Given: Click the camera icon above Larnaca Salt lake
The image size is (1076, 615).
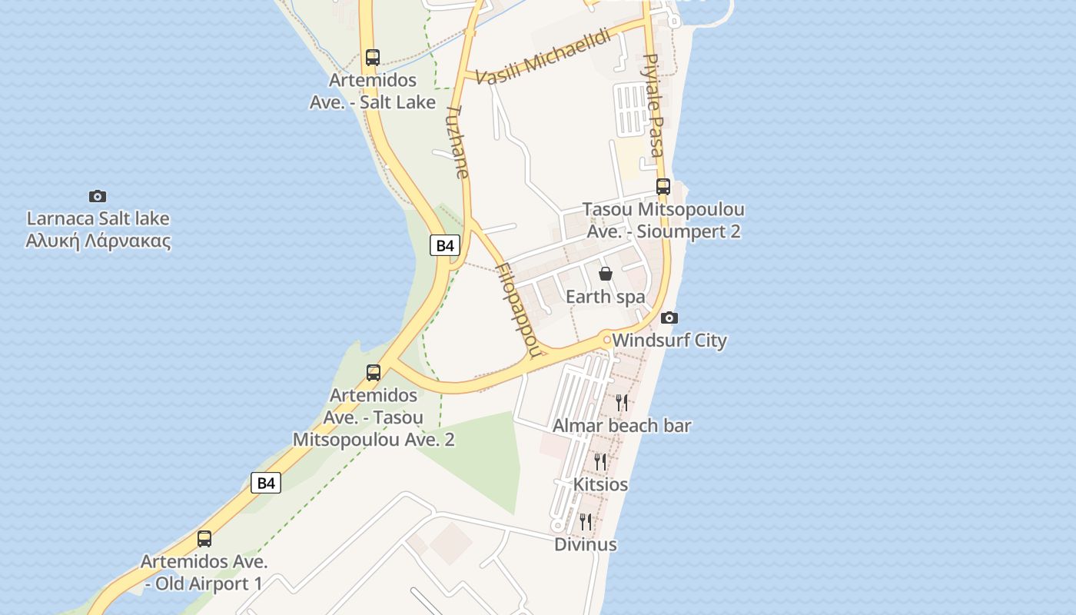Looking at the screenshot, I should pyautogui.click(x=98, y=196).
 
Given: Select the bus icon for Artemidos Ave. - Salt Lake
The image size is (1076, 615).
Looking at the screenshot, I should pyautogui.click(x=373, y=57).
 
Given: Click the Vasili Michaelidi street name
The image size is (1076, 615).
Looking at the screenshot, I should pyautogui.click(x=543, y=58).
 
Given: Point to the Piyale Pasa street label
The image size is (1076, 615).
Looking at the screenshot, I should pyautogui.click(x=652, y=105).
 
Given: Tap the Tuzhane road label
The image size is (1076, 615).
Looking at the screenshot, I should pyautogui.click(x=457, y=142).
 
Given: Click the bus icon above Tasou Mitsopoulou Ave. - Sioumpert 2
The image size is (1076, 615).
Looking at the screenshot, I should pyautogui.click(x=663, y=186).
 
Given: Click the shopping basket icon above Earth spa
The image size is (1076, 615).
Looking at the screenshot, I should pyautogui.click(x=606, y=274).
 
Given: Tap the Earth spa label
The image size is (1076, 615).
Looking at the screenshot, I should pyautogui.click(x=605, y=297).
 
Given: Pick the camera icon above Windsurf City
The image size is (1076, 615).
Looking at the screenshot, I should pyautogui.click(x=669, y=317).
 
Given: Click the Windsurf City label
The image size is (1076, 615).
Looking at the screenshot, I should pyautogui.click(x=669, y=340).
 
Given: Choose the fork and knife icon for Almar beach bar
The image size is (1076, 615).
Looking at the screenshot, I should pyautogui.click(x=622, y=402).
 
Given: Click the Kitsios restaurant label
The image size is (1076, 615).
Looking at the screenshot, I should pyautogui.click(x=600, y=484).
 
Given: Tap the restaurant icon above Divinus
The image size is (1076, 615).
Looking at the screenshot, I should pyautogui.click(x=586, y=522).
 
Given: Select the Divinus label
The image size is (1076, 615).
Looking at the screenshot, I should pyautogui.click(x=586, y=544).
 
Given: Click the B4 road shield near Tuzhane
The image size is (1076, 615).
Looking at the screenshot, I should pyautogui.click(x=446, y=245).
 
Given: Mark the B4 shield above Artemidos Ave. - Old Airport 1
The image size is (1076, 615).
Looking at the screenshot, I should pyautogui.click(x=266, y=483).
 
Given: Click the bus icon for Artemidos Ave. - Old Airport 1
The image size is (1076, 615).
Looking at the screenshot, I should pyautogui.click(x=204, y=539).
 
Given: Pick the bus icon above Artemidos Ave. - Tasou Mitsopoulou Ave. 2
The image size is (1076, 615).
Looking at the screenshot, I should pyautogui.click(x=374, y=373).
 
